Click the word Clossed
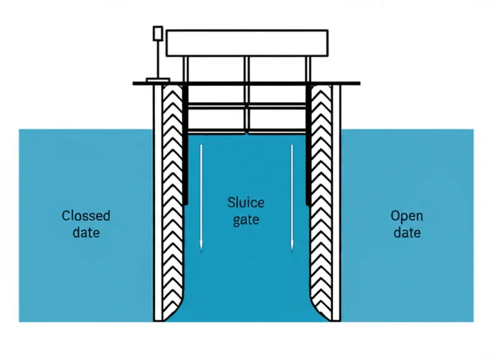pos(86,216)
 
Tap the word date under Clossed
pos(86,233)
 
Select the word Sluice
pos(245,203)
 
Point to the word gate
pos(245,220)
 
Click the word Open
pos(407,216)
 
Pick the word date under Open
pos(407,233)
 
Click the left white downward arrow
pos(201,200)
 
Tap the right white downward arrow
pos(291,200)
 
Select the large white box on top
pos(248,42)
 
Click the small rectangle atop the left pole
pos(158,33)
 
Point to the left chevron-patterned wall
pos(171,200)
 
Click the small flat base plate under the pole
pos(157,80)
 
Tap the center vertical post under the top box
pos(247,69)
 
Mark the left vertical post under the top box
pos(185,69)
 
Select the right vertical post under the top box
pos(309,69)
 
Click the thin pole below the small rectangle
pos(158,59)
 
